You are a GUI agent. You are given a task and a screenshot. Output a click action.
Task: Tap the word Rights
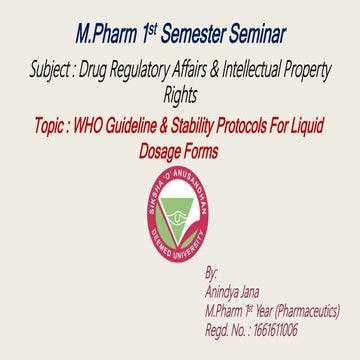coord(180,96)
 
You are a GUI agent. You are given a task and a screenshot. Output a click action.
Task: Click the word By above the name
coord(210,272)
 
